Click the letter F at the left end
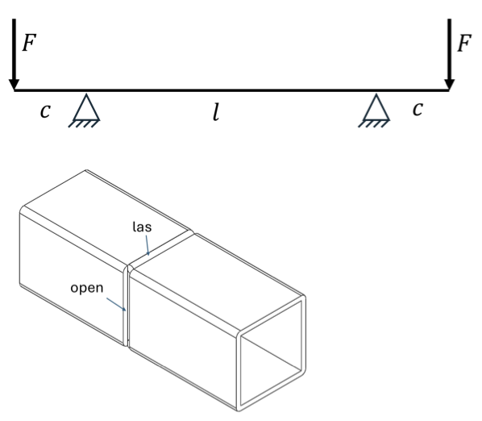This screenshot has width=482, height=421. (x=29, y=43)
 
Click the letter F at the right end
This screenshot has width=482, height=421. (x=464, y=44)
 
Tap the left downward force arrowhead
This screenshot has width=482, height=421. (x=14, y=85)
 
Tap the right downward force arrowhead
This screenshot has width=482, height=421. (x=450, y=85)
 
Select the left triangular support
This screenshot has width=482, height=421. (x=86, y=107)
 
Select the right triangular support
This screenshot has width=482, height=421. (x=376, y=107)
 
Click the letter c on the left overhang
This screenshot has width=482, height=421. (x=45, y=111)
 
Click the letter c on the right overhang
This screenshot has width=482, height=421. (x=418, y=109)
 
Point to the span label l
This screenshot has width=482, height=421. (x=216, y=112)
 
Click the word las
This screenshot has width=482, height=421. (x=142, y=227)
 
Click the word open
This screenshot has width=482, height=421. (x=87, y=289)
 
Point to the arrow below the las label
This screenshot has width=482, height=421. (x=148, y=245)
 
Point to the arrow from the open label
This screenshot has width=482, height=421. (x=116, y=304)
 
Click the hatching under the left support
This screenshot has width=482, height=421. (x=83, y=123)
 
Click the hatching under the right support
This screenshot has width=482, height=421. (x=373, y=123)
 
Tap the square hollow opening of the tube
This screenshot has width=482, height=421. (x=271, y=353)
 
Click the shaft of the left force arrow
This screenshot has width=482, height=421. (x=14, y=49)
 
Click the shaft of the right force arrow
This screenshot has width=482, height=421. (x=450, y=49)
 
